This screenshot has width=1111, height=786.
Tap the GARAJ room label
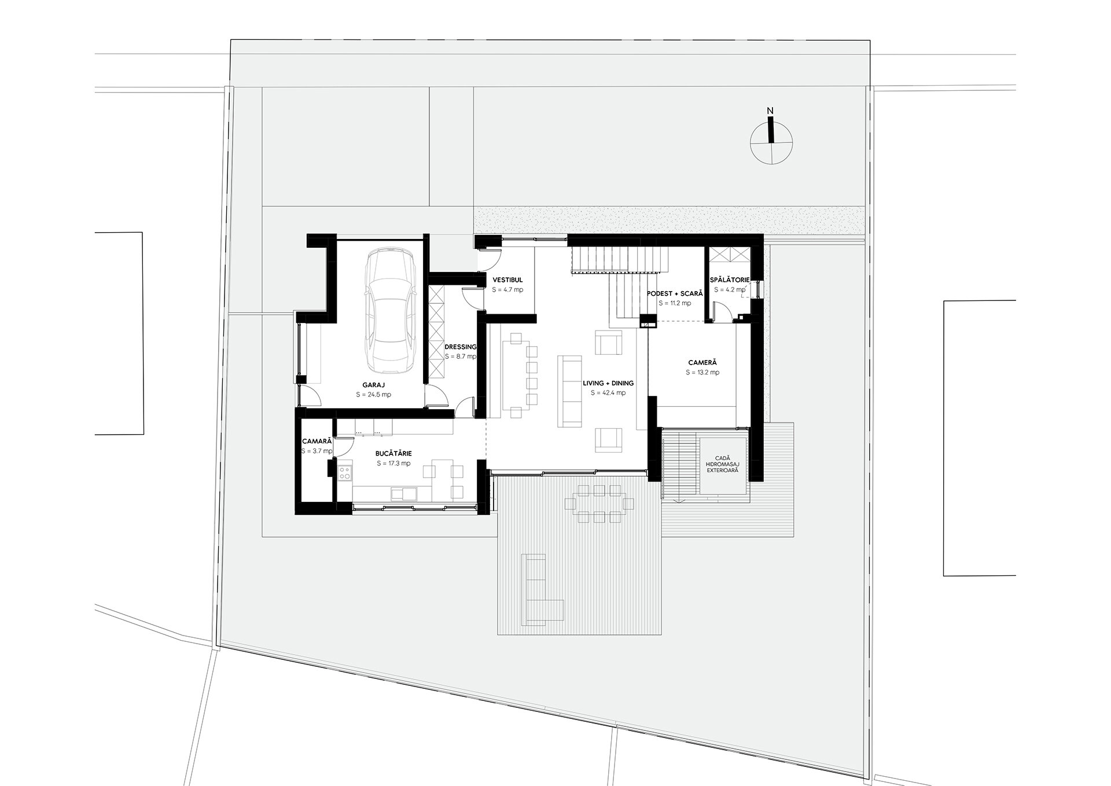pos(373,385)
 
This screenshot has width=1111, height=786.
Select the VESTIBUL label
pos(507,280)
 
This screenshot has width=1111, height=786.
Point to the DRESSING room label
pos(460,347)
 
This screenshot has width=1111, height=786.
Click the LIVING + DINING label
pos(608,383)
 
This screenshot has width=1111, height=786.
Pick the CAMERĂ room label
pos(702,363)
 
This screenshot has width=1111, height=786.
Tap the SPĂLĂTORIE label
pos(730,280)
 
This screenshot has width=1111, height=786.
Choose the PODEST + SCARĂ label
pos(675,293)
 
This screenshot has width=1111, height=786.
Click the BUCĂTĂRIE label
pos(393,454)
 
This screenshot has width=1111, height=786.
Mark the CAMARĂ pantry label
pos(317,441)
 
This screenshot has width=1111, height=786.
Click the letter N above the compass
pos(770,111)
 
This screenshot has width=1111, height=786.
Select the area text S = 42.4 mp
pos(608,393)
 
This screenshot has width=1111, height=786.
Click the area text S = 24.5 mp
pos(373,395)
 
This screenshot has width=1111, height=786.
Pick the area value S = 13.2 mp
pos(702,373)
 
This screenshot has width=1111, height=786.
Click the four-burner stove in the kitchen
pos(345,473)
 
